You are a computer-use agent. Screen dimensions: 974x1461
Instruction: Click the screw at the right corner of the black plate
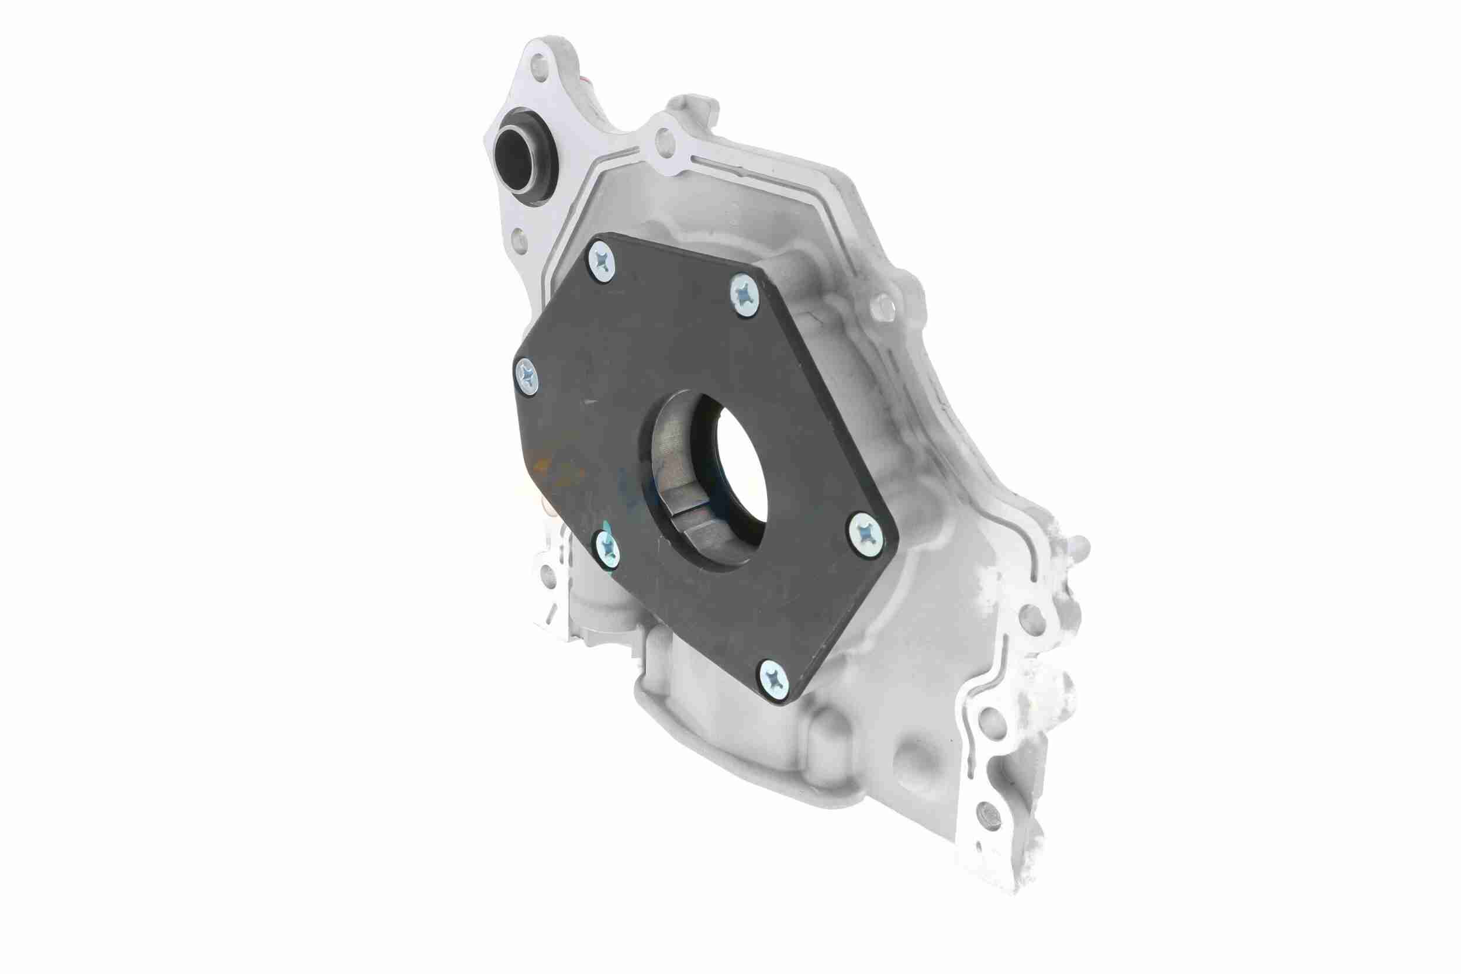coord(865,533)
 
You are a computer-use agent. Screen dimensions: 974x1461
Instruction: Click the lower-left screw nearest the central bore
coord(606,547)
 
